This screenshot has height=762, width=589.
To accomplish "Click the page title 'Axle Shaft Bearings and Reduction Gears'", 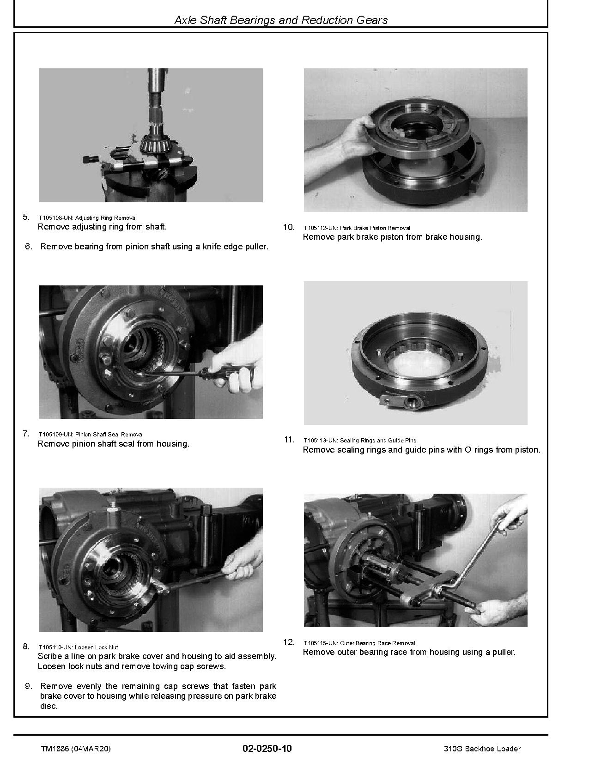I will tap(281, 20).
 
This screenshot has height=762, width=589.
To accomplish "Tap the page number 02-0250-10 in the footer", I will tap(267, 749).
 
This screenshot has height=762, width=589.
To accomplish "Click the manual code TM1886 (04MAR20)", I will tap(76, 749).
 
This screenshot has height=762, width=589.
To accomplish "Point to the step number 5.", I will tap(26, 217).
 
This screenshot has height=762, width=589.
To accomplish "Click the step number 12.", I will tap(289, 642).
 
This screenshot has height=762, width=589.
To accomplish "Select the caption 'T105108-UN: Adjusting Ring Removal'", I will tap(87, 218).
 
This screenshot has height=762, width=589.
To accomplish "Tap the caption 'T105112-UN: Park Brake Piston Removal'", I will tap(357, 228).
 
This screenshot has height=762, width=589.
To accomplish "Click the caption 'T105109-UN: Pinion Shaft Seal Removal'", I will tap(91, 434).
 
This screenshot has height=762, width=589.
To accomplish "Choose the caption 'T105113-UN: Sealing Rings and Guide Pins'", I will tap(360, 440).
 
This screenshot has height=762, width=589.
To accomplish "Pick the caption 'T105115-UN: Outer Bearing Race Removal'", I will tap(359, 643).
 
